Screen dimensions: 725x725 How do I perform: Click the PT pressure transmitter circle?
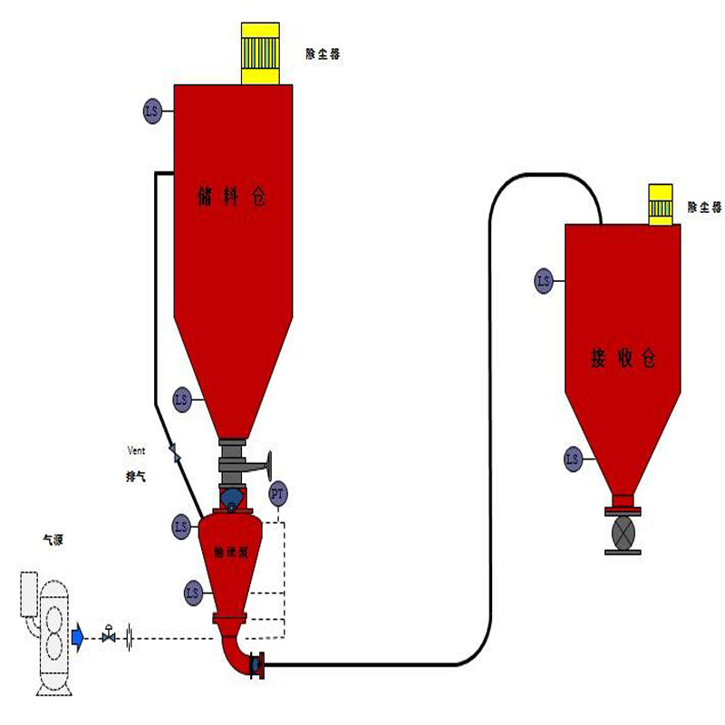coord(278,494)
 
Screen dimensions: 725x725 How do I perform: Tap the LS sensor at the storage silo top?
coord(151,112)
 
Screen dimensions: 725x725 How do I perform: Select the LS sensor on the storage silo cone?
coord(181,398)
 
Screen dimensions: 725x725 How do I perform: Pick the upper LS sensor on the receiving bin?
coord(544,281)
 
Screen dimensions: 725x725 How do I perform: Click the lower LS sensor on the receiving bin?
coord(573,459)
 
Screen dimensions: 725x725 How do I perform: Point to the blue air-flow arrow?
coord(78,637)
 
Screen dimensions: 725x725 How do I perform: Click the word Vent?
coord(136,450)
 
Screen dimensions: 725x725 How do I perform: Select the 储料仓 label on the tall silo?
coord(232,197)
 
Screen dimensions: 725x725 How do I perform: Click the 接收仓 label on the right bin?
coord(622,359)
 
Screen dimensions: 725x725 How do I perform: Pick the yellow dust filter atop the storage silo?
coord(265,53)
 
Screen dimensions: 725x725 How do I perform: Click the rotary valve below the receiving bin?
coord(623,532)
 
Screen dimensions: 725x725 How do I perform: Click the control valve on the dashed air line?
coord(110,636)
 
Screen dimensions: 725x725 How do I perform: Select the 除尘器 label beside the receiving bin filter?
coord(704,208)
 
